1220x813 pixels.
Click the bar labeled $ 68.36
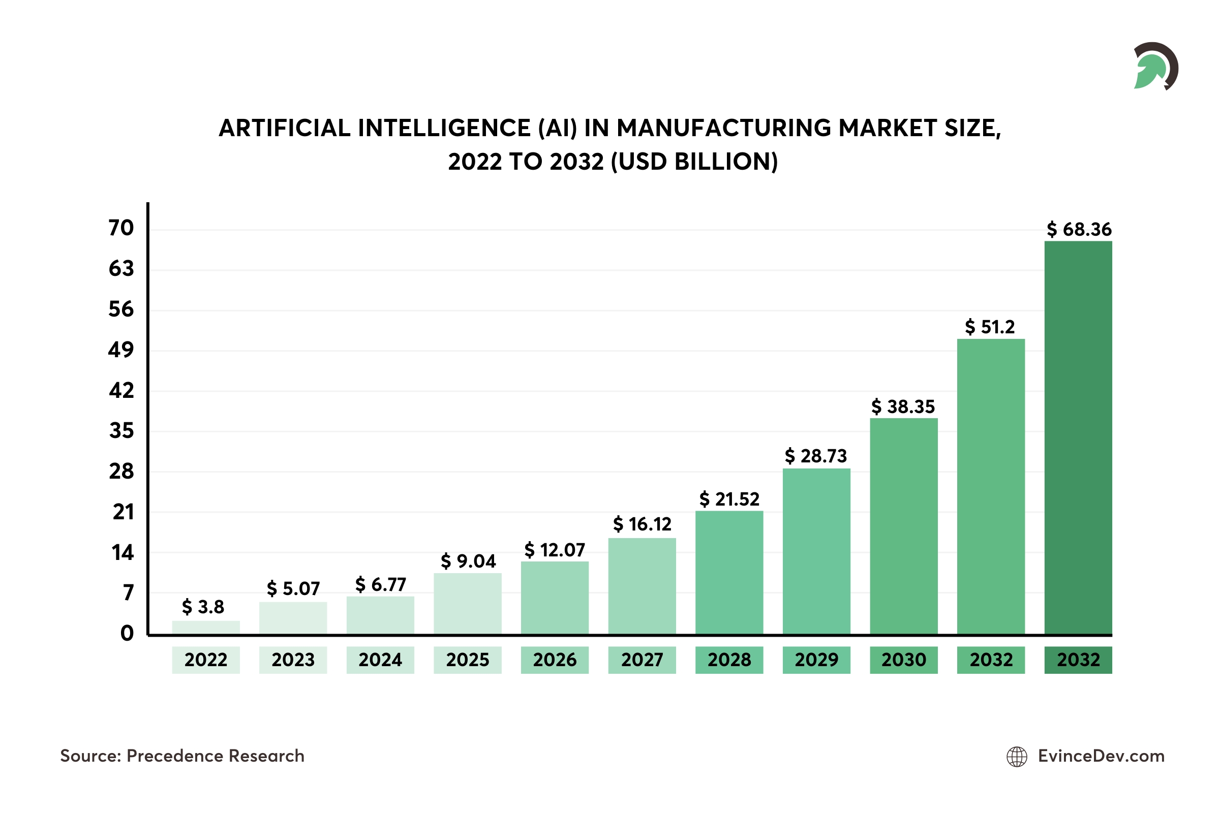1078,438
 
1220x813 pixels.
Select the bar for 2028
729,573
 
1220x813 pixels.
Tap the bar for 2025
467,604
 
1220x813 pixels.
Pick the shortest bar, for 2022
206,628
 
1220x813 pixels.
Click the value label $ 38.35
903,407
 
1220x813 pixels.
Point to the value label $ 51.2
990,327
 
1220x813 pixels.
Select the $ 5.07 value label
293,588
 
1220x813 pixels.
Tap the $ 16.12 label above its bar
642,524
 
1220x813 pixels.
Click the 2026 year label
555,660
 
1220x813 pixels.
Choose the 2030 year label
904,660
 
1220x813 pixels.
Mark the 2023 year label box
293,660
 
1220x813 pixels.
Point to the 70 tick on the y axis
121,228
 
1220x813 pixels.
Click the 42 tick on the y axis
121,390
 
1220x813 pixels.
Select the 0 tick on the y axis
127,633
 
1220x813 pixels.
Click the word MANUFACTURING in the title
723,128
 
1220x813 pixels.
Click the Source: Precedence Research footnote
182,756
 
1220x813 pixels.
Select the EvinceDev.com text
1101,756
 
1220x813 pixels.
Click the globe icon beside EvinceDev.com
1017,757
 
